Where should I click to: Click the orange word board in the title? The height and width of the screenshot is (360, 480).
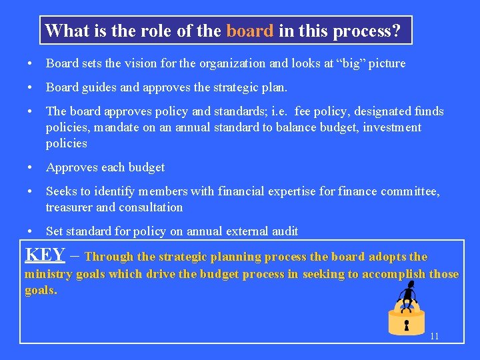tap(249, 31)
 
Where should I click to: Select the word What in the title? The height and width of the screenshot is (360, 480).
tap(63, 31)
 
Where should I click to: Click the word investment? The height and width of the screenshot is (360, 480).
tap(393, 127)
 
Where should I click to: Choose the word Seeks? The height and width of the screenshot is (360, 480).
tap(60, 191)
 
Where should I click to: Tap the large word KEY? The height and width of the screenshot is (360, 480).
tap(45, 255)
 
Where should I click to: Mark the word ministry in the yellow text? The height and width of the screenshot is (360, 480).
tap(47, 274)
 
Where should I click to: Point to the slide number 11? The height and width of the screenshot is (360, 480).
tap(434, 336)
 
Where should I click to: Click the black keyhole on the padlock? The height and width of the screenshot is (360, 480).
tap(404, 326)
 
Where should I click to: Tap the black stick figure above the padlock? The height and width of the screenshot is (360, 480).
tap(408, 293)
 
